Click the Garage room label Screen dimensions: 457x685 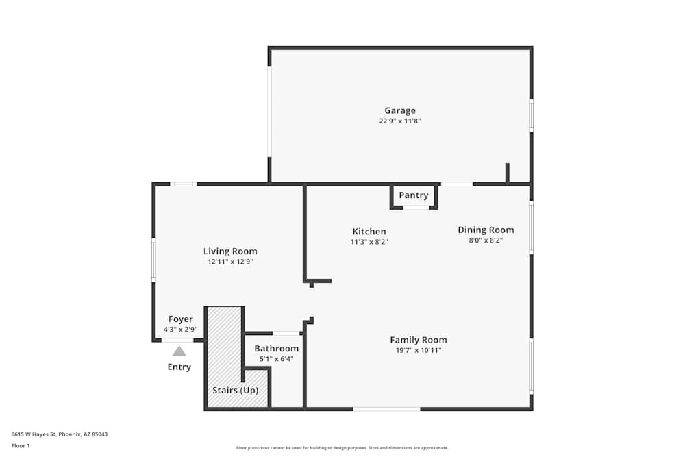pos(400,110)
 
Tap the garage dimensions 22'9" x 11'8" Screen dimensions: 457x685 pos(400,121)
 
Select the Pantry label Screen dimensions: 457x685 pos(414,195)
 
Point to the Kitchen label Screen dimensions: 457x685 pos(369,232)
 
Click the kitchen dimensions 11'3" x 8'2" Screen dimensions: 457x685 pos(369,242)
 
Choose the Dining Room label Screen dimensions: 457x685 pos(486,230)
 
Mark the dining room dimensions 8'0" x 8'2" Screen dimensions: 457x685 pos(486,240)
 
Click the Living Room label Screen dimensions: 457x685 pos(230,251)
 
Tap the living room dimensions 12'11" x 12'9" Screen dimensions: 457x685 pos(230,262)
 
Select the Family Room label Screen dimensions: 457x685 pos(419,340)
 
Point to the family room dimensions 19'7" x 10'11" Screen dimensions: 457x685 pos(419,350)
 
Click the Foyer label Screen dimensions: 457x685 pos(181,319)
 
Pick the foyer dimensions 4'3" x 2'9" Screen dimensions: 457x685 pos(181,330)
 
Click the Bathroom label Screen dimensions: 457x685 pos(277,349)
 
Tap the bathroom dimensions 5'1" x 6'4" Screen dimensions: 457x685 pos(277,359)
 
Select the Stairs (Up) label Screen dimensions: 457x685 pos(235,391)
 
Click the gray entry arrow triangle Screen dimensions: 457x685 pos(179,351)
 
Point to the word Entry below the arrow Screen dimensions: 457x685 pos(179,367)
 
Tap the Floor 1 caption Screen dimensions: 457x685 pos(21,445)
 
